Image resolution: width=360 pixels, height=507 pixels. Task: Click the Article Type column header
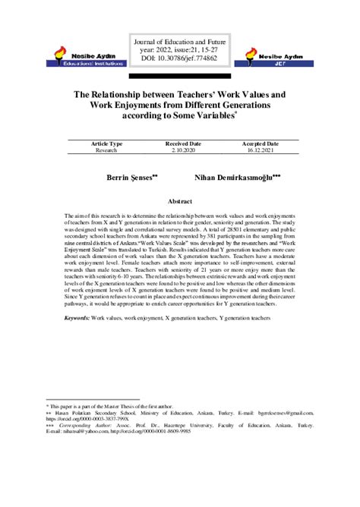coord(106,143)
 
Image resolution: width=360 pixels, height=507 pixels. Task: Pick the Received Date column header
coord(183,143)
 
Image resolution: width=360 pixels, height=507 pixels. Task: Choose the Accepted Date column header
coord(260,143)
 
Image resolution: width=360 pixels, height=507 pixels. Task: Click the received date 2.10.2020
coord(183,150)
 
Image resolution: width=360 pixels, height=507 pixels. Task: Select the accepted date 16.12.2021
coord(260,150)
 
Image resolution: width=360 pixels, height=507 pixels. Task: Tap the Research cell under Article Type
coord(106,150)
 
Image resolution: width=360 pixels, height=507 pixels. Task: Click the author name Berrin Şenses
coord(133,175)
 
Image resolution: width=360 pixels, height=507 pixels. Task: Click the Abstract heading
coord(179,203)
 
